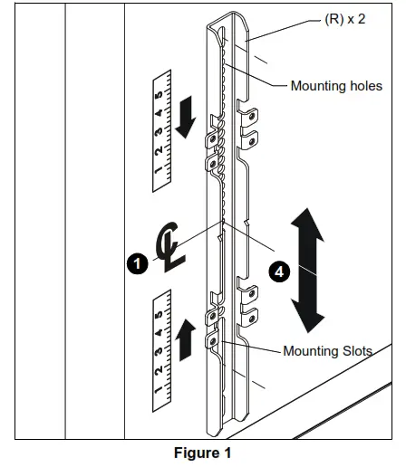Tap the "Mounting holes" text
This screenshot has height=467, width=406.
pos(336,86)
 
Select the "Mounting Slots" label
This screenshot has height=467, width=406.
pos(328,350)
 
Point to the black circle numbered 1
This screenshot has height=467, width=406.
pos(138,263)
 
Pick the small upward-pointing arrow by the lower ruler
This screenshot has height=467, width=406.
pos(187,340)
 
